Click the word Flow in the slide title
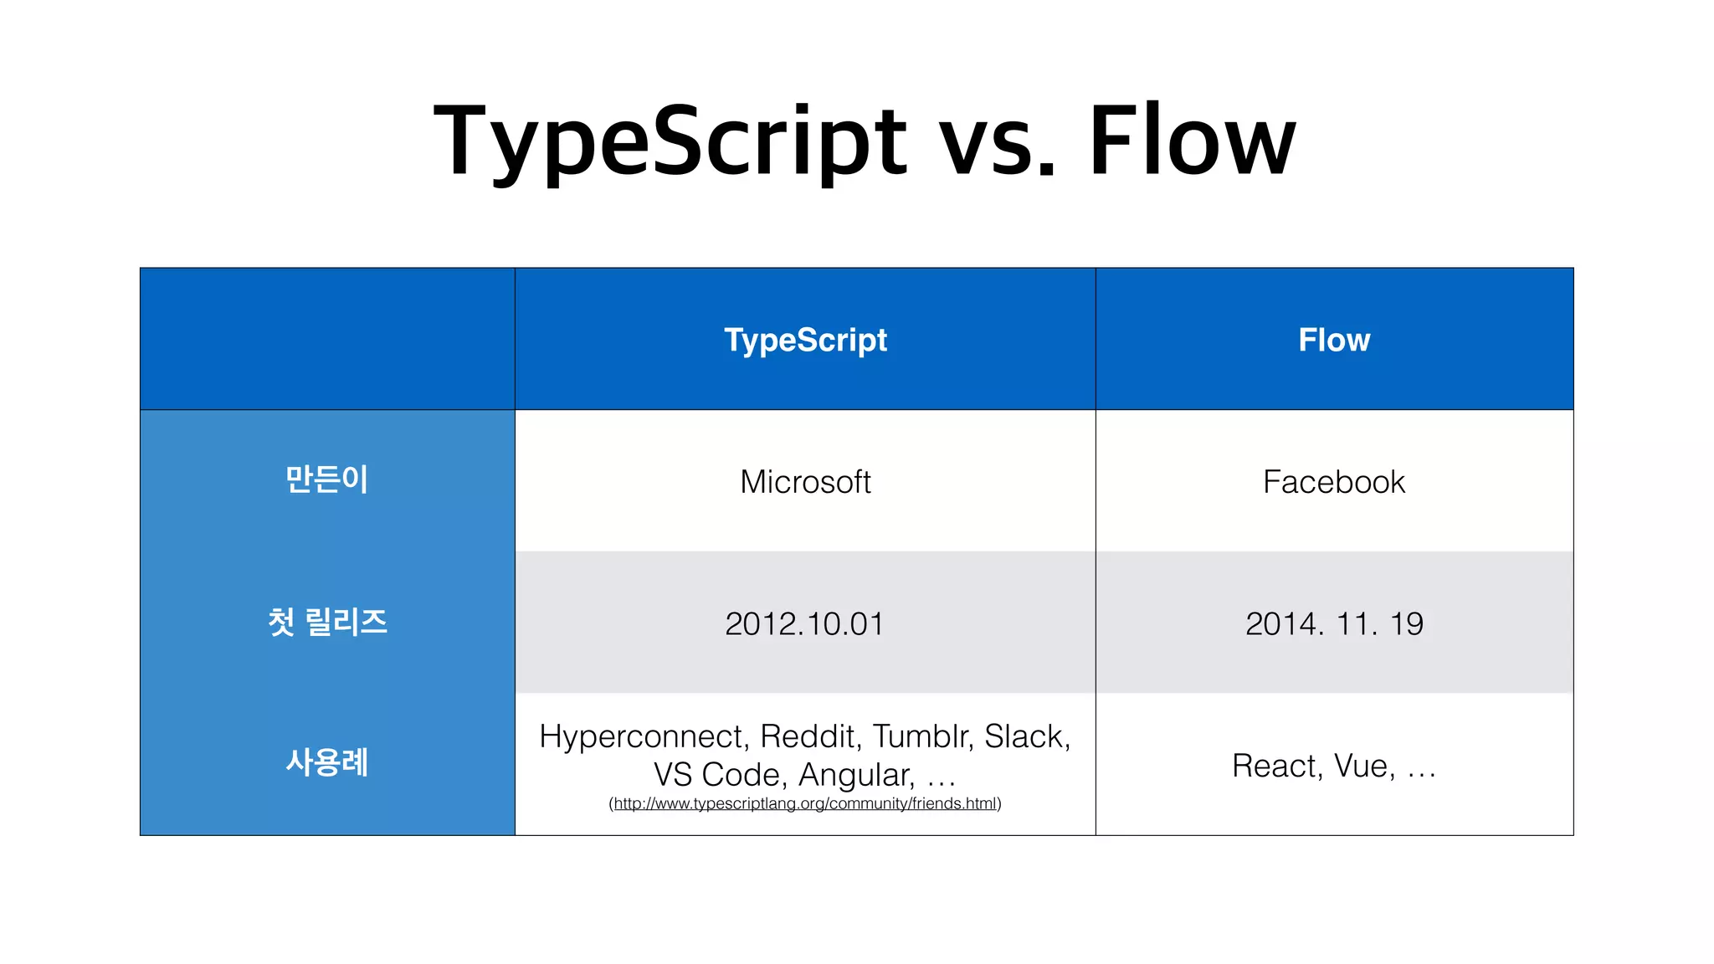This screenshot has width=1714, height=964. [1192, 141]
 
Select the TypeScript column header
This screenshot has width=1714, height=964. [805, 340]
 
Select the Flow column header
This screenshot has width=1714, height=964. [1334, 340]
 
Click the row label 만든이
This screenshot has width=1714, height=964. [326, 479]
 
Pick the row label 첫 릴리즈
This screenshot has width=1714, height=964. [326, 622]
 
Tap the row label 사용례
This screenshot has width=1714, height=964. [326, 762]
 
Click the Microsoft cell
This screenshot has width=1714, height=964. [805, 482]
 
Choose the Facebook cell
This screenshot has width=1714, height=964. [1334, 482]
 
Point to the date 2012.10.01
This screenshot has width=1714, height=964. [804, 624]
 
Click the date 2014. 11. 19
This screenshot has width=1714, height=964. [1334, 624]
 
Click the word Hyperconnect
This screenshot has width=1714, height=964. [643, 737]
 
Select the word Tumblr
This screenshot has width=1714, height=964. [922, 737]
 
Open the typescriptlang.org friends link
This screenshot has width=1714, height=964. [805, 804]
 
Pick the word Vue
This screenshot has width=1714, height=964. [1363, 767]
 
